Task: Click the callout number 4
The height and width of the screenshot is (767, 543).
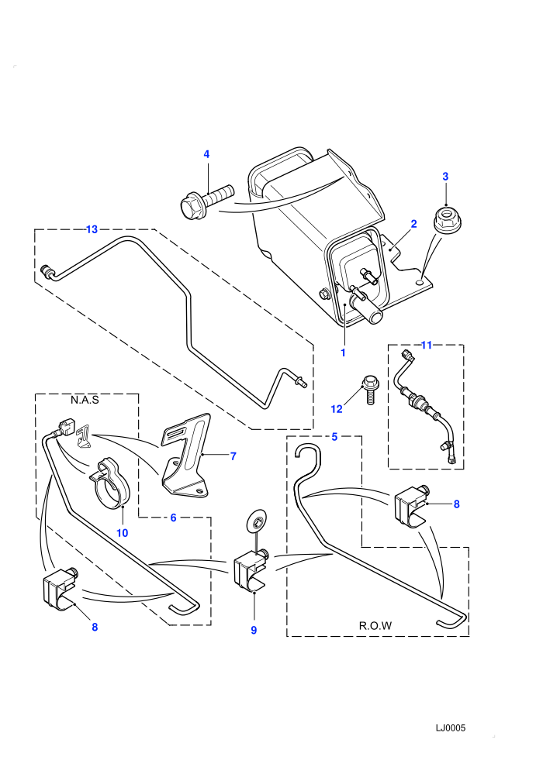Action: [x=206, y=155]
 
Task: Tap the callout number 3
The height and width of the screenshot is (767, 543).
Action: [x=445, y=177]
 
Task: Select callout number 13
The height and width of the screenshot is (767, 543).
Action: [x=92, y=229]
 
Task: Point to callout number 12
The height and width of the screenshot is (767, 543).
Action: [x=337, y=409]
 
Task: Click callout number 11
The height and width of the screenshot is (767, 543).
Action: [x=427, y=346]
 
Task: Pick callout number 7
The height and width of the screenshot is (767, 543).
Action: [x=233, y=456]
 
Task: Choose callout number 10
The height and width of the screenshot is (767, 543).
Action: [x=122, y=533]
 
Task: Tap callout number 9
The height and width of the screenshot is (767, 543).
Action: [x=254, y=631]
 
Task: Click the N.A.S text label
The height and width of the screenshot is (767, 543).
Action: [x=85, y=400]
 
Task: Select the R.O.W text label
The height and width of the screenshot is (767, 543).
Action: [x=375, y=626]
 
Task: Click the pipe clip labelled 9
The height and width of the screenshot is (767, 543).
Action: [x=251, y=569]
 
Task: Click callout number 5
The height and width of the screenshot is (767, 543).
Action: [x=334, y=437]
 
